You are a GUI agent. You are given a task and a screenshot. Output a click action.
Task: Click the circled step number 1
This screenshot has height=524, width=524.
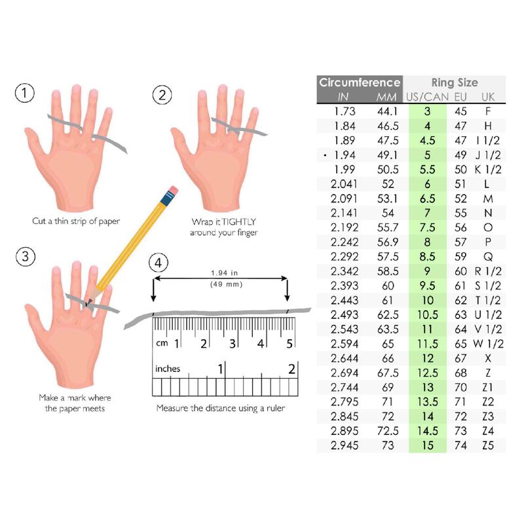click(24, 94)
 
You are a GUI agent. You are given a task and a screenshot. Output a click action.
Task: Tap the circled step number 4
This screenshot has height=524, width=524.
click(157, 264)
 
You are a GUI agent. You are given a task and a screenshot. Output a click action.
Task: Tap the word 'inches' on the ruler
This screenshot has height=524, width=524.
click(168, 369)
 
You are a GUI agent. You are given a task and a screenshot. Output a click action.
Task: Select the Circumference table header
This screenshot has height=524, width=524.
click(359, 83)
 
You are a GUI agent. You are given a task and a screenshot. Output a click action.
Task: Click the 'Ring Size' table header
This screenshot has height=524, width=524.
click(454, 83)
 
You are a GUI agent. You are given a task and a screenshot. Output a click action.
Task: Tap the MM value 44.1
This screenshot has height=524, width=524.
click(386, 111)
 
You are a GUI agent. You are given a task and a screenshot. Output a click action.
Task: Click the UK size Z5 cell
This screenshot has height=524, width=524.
click(487, 445)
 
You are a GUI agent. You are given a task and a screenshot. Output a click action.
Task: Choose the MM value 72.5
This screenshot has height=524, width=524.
click(386, 431)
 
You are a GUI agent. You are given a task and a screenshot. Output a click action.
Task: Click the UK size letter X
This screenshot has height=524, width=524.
click(487, 358)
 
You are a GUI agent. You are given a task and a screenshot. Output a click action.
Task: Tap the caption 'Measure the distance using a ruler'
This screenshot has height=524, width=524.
click(220, 407)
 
